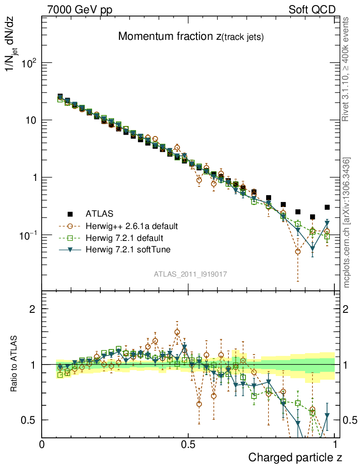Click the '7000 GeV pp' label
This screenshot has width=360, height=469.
(82, 10)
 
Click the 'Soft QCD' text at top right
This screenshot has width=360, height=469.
(312, 10)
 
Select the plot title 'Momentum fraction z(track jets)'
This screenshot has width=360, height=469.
(191, 37)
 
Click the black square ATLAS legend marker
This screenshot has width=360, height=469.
(70, 213)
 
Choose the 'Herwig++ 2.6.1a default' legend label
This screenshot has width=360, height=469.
(132, 226)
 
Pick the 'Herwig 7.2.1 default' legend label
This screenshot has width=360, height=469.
(124, 238)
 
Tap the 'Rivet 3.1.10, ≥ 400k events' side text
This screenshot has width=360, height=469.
(346, 69)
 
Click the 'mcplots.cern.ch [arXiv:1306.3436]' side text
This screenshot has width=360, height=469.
(347, 223)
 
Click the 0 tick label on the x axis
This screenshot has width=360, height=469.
(42, 444)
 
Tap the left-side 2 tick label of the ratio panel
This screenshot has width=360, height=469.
(33, 309)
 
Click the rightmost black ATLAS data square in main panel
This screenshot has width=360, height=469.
(327, 207)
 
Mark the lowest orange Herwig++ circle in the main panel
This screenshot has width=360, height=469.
(298, 251)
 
